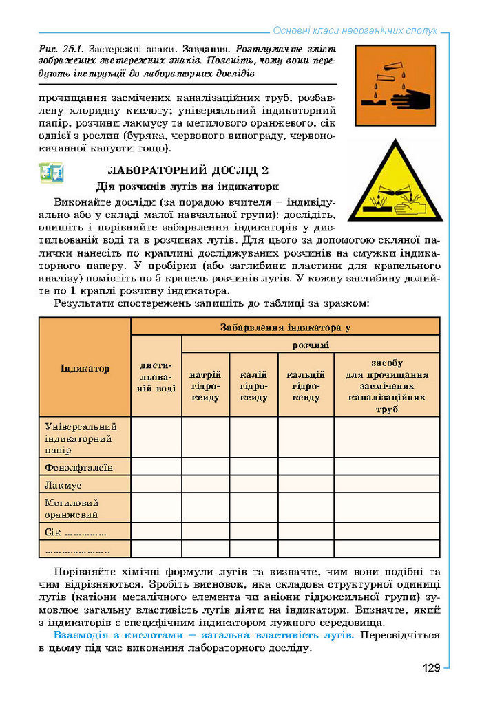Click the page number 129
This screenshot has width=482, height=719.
click(x=431, y=668)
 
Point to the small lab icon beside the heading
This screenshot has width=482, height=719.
click(x=51, y=173)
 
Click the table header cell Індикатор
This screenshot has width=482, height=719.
click(x=85, y=368)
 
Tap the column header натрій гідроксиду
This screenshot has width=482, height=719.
click(x=205, y=385)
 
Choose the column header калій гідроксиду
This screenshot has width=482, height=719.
click(x=253, y=385)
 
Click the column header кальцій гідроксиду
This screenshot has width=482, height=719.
click(x=306, y=385)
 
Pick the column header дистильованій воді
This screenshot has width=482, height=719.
click(x=156, y=376)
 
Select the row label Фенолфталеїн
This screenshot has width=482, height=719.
click(x=78, y=467)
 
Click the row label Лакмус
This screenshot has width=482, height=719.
click(x=63, y=485)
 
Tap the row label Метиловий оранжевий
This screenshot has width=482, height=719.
click(x=72, y=508)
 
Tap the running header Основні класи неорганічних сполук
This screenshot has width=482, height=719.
click(x=355, y=31)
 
